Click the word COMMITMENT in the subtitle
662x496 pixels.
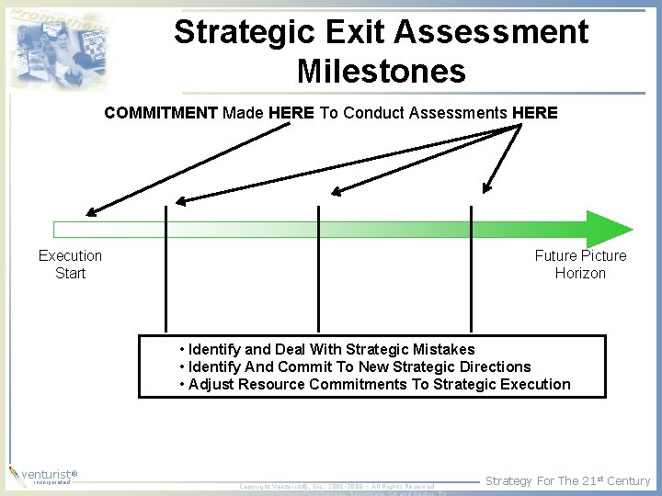160,113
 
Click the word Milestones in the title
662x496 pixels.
381,71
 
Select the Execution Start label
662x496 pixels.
70,265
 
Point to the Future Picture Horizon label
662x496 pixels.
580,265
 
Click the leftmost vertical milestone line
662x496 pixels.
165,276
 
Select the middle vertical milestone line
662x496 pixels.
318,276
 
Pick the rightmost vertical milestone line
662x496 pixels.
471,276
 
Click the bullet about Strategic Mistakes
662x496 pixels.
331,349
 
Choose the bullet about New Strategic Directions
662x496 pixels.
359,366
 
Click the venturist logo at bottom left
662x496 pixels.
41,476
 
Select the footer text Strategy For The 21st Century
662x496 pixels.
567,480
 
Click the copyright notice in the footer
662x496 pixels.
337,486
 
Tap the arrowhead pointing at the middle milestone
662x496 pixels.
337,192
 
